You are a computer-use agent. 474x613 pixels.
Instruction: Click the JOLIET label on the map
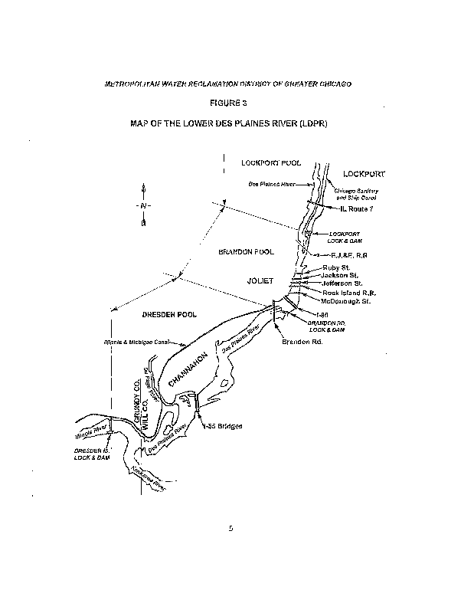(260, 280)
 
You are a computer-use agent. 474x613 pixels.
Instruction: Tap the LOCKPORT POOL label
(271, 163)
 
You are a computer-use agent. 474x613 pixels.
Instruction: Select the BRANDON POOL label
(246, 251)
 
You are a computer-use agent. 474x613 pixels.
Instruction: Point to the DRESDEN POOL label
(169, 314)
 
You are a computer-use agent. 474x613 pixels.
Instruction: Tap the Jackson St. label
(340, 275)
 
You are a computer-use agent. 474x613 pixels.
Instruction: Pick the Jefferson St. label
(342, 284)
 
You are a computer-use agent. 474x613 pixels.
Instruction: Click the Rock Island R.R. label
(348, 293)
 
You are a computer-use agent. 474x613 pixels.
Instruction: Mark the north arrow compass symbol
(143, 205)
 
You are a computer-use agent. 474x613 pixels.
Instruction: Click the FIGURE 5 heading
(227, 102)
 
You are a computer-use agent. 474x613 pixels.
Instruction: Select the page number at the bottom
(229, 528)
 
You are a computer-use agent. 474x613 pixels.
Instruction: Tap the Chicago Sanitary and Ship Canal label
(362, 194)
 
